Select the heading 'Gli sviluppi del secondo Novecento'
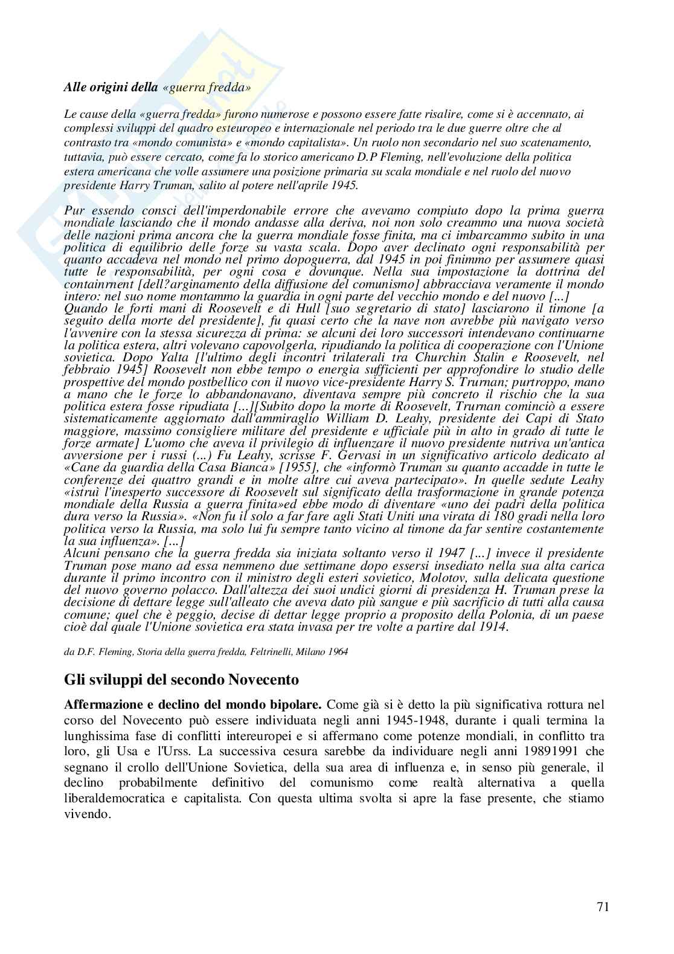tap(181, 680)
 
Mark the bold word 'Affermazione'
tap(108, 704)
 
